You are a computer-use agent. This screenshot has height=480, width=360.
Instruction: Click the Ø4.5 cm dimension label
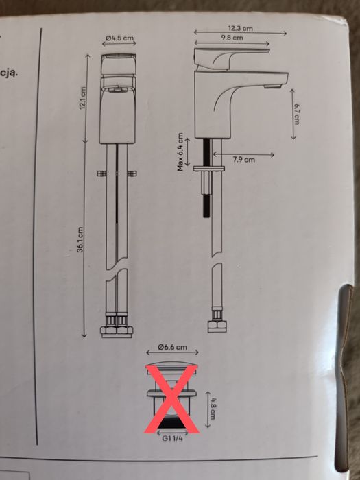coord(119,38)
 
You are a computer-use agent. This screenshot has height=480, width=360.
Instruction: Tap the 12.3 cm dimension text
coord(240,29)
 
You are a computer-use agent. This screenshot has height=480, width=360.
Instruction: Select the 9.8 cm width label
coord(232,38)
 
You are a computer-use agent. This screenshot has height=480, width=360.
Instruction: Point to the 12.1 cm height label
coord(83,99)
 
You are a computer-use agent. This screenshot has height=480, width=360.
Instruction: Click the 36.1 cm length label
coord(80,239)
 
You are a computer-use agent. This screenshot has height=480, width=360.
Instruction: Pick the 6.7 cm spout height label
coord(296,114)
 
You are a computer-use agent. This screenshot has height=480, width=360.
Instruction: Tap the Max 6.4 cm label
coord(180,152)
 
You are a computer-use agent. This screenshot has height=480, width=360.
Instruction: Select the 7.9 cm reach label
coord(243,160)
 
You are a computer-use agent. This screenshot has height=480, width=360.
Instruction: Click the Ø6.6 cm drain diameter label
coord(172,347)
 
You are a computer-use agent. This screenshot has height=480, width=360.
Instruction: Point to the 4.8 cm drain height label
coord(213,409)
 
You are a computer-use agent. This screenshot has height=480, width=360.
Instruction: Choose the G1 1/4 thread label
coord(172,438)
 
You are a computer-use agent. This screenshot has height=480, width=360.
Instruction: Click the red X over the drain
coord(171,399)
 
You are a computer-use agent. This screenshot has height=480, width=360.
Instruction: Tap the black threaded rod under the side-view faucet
coord(207,178)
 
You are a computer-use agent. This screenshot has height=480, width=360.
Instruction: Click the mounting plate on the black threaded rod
coord(208,169)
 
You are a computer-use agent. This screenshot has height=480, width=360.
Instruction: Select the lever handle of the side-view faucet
coord(232,59)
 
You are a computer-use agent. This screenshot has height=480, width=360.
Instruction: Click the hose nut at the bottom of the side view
coord(217,326)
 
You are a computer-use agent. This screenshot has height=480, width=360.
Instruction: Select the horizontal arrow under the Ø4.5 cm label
coord(119,43)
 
